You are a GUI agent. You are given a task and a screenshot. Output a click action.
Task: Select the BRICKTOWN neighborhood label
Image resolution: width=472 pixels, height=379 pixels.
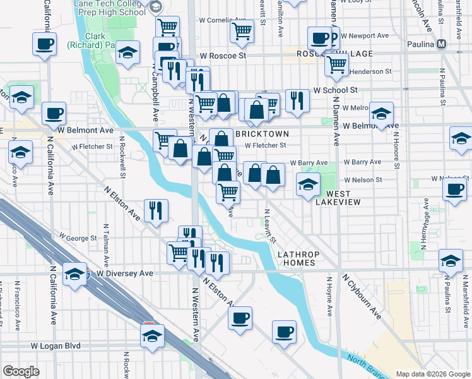tap(262, 134)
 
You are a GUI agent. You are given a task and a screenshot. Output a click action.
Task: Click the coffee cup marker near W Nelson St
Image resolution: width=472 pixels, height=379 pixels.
tap(454, 188)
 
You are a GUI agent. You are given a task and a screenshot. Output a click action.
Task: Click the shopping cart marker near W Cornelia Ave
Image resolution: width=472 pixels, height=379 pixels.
tap(242, 30)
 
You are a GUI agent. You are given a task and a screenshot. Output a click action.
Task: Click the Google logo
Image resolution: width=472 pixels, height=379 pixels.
tap(21, 371)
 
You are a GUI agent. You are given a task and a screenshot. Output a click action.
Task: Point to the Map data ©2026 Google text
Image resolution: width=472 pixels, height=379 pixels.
tap(432, 374)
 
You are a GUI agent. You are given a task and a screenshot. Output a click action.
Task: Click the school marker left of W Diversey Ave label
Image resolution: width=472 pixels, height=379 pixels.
tap(74, 274)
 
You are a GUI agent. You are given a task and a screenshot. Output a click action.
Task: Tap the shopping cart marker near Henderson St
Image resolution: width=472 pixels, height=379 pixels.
tap(338, 63)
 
